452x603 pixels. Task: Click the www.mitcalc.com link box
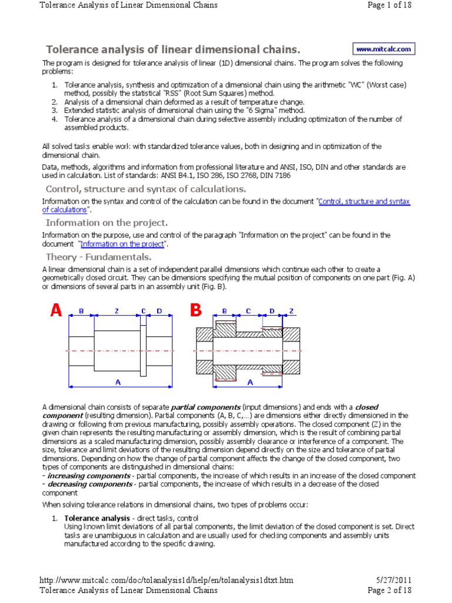[384, 49]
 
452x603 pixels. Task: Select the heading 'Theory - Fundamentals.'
[98, 257]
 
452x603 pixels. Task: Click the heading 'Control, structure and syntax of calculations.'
[145, 189]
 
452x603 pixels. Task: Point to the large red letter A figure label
[56, 312]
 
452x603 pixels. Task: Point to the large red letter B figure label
[195, 312]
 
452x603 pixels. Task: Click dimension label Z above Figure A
[117, 310]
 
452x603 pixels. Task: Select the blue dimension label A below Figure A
[118, 382]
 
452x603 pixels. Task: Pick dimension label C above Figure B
[248, 310]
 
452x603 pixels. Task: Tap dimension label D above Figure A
[159, 310]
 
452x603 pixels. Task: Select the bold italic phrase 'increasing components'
[81, 475]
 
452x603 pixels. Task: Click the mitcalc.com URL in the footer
[166, 580]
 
